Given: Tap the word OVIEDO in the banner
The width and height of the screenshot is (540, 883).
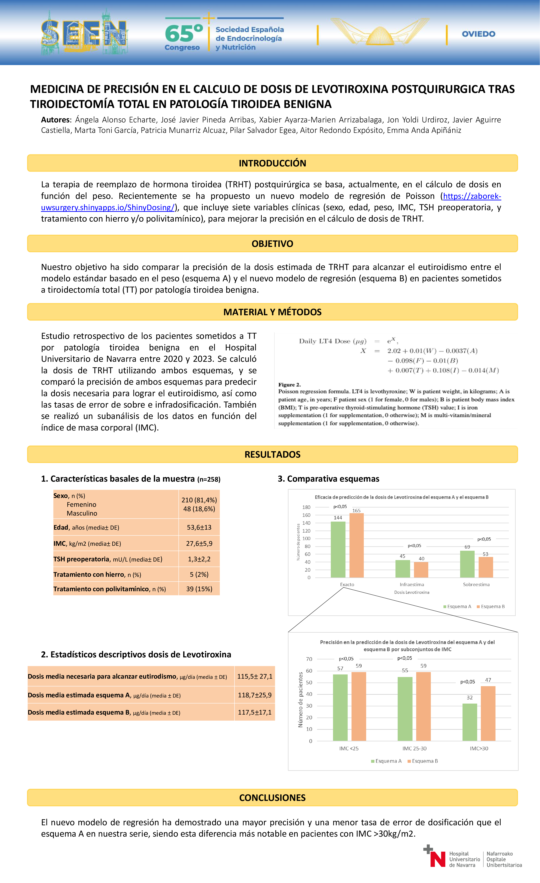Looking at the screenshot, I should coord(478,34).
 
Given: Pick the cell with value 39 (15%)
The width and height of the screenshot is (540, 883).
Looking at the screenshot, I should coord(199,589).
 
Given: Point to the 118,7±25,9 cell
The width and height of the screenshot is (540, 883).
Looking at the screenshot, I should coord(255,695).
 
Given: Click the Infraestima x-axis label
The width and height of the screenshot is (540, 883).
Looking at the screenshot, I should coord(412,584).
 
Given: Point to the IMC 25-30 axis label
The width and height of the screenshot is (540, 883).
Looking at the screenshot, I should coord(414,749).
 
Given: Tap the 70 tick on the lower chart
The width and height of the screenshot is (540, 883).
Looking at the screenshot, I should coord(309,659).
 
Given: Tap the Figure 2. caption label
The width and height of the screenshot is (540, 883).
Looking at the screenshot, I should coord(289,385).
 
